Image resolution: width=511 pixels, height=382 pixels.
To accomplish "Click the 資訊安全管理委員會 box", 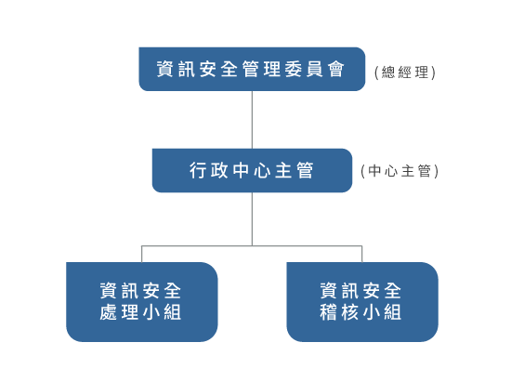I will (252, 69).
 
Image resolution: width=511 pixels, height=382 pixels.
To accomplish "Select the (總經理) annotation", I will (404, 72).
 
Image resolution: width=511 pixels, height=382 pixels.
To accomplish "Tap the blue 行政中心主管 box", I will (252, 171).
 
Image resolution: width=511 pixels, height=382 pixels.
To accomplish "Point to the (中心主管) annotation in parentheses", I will (399, 171).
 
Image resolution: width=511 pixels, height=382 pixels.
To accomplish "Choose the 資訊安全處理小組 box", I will (141, 301).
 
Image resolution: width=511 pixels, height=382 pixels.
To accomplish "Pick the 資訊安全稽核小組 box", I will (361, 301).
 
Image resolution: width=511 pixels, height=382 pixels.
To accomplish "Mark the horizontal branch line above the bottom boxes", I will (252, 246).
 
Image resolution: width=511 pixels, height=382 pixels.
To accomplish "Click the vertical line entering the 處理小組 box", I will (141, 254).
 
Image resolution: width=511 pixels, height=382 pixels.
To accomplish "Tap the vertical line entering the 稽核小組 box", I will (362, 254).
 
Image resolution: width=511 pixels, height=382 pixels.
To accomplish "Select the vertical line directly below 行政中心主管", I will (252, 218).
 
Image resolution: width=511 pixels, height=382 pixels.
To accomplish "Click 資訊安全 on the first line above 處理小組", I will (141, 289).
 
